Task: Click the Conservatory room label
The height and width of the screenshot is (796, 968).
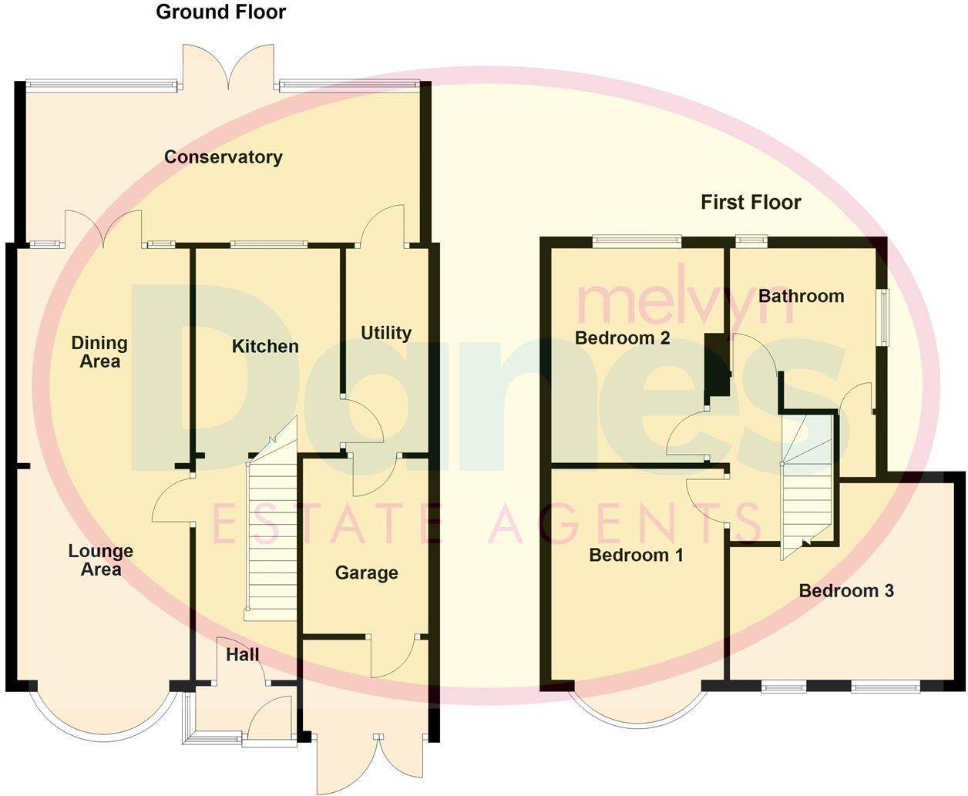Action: tap(224, 157)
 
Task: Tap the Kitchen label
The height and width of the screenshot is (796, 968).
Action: tap(265, 347)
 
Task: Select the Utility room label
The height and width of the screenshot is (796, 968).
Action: tap(386, 333)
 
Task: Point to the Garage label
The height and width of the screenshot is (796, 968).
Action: tap(366, 573)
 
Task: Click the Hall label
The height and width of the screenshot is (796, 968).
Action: tap(243, 655)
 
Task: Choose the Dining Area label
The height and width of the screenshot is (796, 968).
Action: tap(99, 352)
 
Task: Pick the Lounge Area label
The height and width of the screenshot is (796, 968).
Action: tap(100, 560)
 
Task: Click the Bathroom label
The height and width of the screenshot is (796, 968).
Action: tap(801, 296)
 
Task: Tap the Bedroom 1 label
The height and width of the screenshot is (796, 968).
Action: tap(636, 555)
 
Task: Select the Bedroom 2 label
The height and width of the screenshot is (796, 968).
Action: tap(622, 338)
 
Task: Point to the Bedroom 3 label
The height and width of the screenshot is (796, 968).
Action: tap(846, 591)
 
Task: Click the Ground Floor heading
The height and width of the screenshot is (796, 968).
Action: tap(220, 12)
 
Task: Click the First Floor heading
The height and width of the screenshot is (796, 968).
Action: tap(751, 202)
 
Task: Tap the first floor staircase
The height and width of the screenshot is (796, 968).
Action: tap(806, 485)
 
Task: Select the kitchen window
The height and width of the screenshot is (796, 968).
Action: tap(268, 245)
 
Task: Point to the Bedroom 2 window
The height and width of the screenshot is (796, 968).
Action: tap(637, 241)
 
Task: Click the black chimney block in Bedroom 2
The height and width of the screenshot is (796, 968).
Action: tap(717, 366)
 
